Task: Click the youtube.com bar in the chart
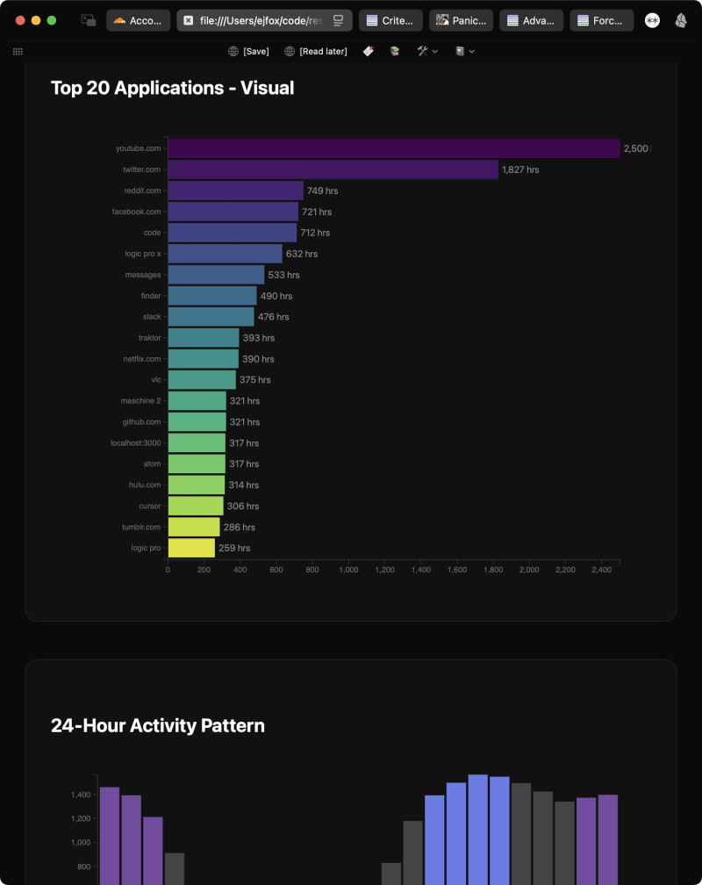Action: pyautogui.click(x=393, y=148)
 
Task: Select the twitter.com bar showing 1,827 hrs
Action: pyautogui.click(x=333, y=169)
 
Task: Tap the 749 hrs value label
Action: pyautogui.click(x=322, y=191)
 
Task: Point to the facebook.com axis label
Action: pyautogui.click(x=136, y=212)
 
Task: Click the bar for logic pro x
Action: pyautogui.click(x=225, y=254)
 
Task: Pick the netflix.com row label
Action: pyautogui.click(x=141, y=359)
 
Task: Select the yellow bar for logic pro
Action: pyautogui.click(x=191, y=548)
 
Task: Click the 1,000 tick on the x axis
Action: pyautogui.click(x=348, y=570)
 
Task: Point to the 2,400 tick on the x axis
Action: pyautogui.click(x=601, y=570)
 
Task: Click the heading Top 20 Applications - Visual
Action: pyautogui.click(x=172, y=88)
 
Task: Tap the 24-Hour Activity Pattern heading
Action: pyautogui.click(x=158, y=725)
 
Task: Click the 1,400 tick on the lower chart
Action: pyautogui.click(x=81, y=795)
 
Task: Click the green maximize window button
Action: pyautogui.click(x=52, y=20)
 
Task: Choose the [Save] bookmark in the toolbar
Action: pyautogui.click(x=248, y=52)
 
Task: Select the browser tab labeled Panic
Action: pyautogui.click(x=461, y=20)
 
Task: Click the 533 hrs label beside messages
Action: pyautogui.click(x=283, y=275)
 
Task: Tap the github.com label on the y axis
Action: pyautogui.click(x=141, y=422)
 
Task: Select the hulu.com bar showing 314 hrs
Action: pyautogui.click(x=197, y=485)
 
